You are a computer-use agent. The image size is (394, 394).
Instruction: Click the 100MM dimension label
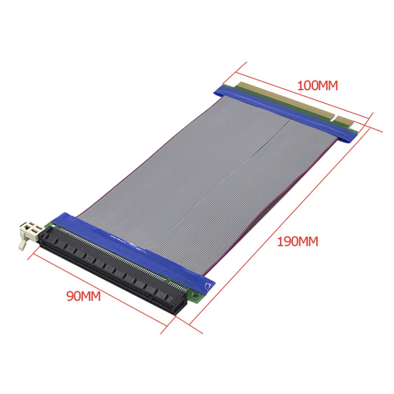(317, 86)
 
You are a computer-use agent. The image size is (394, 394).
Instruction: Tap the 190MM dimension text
(297, 242)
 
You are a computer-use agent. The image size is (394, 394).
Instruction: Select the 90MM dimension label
(83, 296)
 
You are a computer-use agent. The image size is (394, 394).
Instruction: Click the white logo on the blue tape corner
(208, 286)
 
